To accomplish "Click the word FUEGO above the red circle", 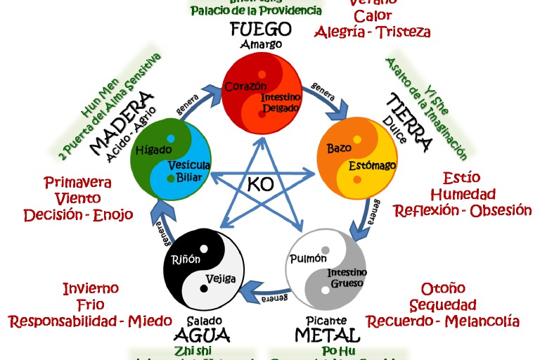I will pos(261,29).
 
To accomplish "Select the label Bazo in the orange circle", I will pos(339,148).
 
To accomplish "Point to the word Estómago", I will pos(373,165).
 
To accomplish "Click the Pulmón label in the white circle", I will pos(308,258).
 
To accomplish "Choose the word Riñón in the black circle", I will pos(186,259).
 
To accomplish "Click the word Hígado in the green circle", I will pos(154,149).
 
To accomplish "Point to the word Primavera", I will pos(78,183).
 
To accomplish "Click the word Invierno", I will pos(91,288).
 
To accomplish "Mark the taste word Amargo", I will pos(261,44).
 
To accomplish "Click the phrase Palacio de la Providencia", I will pos(256,11).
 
